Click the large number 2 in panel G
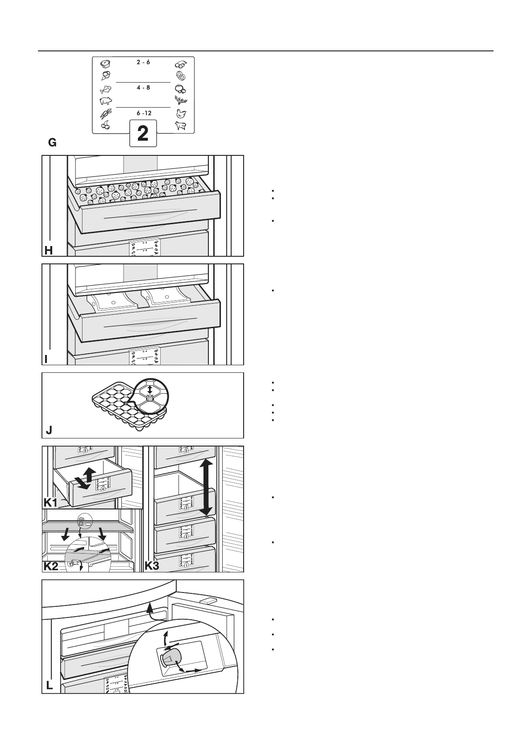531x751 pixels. pos(143,134)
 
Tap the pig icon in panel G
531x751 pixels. pos(106,101)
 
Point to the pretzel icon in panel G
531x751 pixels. pos(180,75)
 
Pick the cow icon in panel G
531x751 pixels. pos(180,126)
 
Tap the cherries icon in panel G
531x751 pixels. pos(106,125)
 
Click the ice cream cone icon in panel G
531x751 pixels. pos(106,75)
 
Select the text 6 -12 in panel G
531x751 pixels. pos(144,113)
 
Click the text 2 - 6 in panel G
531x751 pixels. pos(143,63)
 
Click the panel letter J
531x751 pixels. pos(49,430)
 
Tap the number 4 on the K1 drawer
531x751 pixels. pos(103,489)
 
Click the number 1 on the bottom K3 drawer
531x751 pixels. pos(187,565)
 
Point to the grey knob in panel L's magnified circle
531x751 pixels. pos(170,657)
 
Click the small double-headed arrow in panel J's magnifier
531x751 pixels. pos(149,390)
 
